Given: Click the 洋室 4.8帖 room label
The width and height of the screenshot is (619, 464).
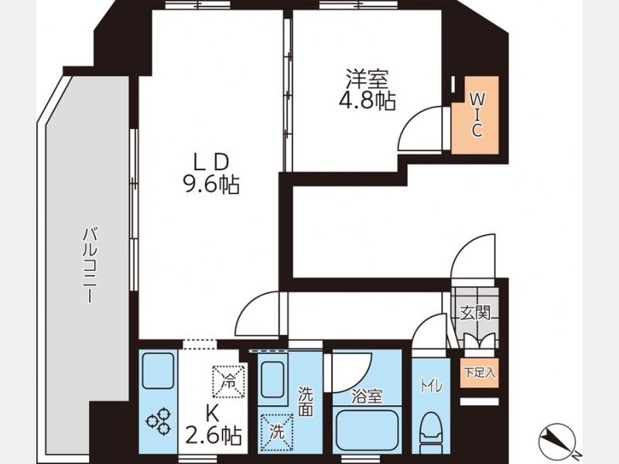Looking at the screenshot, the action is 367,90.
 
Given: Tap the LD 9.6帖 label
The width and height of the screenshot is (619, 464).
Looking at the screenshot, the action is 210,173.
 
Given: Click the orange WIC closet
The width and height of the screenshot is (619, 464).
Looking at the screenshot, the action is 475,115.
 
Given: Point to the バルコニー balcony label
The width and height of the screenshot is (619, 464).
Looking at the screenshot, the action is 90,265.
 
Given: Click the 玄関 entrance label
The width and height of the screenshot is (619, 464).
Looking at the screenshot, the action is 475,313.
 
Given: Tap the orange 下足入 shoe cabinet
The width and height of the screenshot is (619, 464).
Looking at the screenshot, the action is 479,373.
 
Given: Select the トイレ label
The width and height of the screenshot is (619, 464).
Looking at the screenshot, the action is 431,387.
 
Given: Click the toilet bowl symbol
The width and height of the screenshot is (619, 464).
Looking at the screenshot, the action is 431,433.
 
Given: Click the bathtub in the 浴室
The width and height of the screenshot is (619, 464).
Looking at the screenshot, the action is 367,432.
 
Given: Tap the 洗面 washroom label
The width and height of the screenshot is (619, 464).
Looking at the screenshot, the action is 306,401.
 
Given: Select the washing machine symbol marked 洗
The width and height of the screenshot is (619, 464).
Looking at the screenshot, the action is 276,433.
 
